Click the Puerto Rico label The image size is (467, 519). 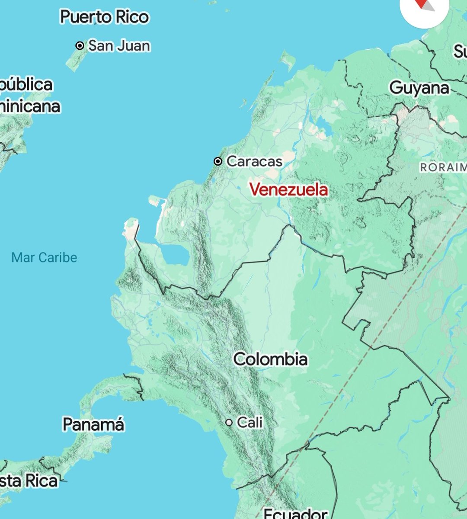tap(105, 17)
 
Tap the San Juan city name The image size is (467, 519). tap(119, 45)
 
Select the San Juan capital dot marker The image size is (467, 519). tap(80, 45)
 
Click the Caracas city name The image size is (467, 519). tap(254, 161)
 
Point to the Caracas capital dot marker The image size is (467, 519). tap(218, 161)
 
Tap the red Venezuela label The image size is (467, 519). tap(288, 189)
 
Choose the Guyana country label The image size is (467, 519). tap(419, 88)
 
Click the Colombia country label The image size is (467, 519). tap(271, 359)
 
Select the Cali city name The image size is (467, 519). tap(249, 422)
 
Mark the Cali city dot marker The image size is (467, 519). tap(229, 422)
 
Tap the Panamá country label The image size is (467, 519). tap(93, 424)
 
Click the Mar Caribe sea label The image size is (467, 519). tap(44, 257)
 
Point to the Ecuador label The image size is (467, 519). tap(295, 513)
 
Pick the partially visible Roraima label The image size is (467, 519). tap(443, 167)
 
